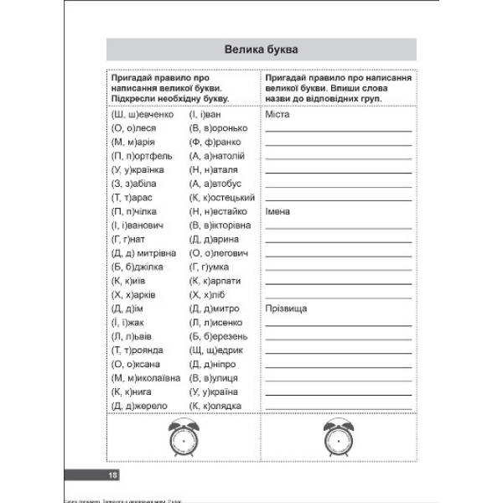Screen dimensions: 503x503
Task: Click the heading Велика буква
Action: point(261,50)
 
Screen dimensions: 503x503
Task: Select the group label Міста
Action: point(276,114)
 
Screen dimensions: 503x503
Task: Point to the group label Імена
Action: point(277,211)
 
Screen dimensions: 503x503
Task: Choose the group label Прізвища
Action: point(285,309)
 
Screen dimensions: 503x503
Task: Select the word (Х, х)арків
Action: point(135,294)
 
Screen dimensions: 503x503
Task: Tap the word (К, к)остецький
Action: point(222,197)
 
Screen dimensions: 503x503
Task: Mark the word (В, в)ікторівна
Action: point(220,226)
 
